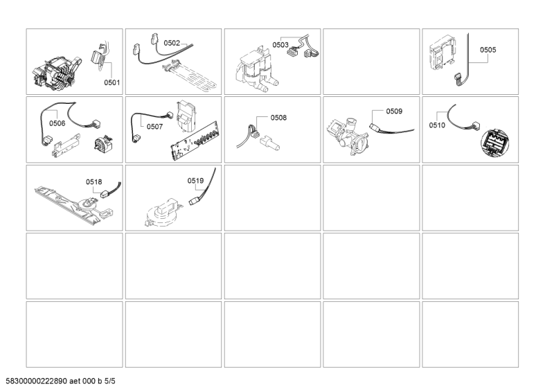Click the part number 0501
(112, 82)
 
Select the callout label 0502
(172, 43)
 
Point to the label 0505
(488, 50)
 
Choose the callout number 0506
(57, 123)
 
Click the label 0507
(154, 127)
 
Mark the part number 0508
(278, 118)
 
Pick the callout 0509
(394, 111)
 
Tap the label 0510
(437, 125)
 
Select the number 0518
(94, 181)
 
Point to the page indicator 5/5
(116, 382)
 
